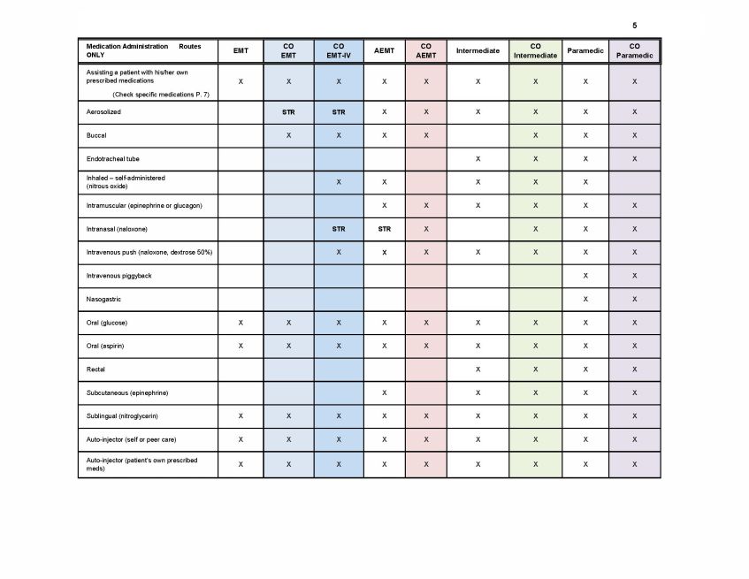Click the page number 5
(634, 25)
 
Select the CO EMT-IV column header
(339, 50)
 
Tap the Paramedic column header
(585, 50)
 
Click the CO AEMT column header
(426, 50)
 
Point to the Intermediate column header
(478, 50)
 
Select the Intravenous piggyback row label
(118, 276)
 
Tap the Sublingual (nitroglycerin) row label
(122, 415)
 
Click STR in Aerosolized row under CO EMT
(288, 112)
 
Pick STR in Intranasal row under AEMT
(384, 229)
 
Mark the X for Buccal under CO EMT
(288, 135)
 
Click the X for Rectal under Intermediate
(478, 369)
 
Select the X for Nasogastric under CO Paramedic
(634, 300)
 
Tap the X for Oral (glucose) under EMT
(241, 323)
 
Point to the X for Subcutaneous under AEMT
(384, 392)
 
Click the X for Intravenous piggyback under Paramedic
(585, 276)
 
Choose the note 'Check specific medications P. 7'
(161, 94)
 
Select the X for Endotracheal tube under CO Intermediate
(535, 159)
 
